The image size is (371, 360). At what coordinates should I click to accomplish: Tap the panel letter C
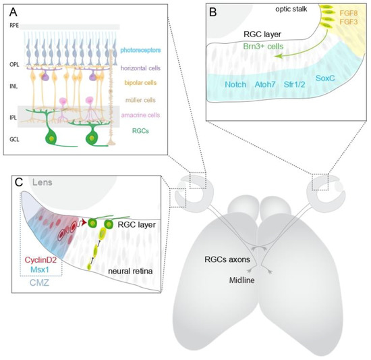[20, 182]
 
